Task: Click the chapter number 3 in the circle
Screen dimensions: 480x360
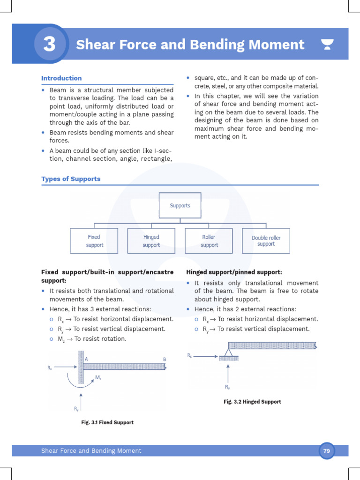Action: click(49, 45)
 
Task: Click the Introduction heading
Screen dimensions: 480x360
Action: click(61, 78)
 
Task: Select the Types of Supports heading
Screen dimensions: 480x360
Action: click(71, 179)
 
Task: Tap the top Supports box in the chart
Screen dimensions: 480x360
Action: click(180, 205)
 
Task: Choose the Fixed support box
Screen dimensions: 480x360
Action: click(94, 241)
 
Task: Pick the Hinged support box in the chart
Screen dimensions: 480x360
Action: click(151, 241)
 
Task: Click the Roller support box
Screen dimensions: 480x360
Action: click(209, 241)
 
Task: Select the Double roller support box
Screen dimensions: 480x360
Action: click(266, 241)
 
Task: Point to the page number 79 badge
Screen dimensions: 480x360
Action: click(327, 451)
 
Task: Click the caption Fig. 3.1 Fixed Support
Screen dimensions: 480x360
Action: click(107, 422)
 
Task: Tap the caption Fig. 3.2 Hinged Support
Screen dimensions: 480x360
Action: click(252, 402)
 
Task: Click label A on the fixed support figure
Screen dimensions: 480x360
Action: click(86, 359)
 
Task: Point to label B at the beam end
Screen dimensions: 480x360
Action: click(165, 359)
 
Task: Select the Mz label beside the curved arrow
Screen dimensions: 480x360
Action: click(98, 377)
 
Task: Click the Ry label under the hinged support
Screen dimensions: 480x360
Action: click(227, 387)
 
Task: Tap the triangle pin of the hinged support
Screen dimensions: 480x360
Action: click(229, 351)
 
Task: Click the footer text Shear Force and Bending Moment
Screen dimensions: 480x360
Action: click(91, 451)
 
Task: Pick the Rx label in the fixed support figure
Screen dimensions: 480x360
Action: click(50, 368)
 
